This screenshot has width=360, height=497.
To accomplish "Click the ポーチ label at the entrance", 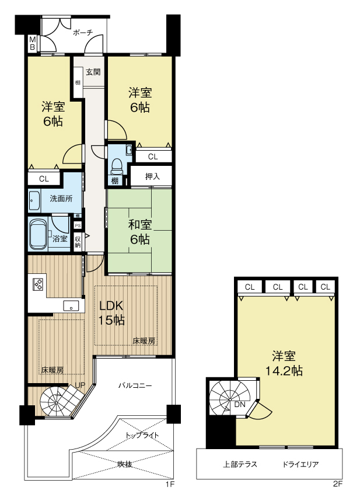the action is point(83,32).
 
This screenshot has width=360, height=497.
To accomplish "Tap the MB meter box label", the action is point(32,43).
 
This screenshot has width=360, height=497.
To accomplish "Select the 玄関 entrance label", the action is point(93,72).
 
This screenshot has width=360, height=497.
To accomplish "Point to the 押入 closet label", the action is point(152,176).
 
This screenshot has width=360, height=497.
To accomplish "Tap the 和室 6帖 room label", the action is point(139,232).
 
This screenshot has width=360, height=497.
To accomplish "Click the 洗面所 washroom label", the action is point(61,199).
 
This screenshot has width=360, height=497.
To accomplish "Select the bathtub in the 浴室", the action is point(39,234).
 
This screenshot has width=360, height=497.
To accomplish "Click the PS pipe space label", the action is point(78,225).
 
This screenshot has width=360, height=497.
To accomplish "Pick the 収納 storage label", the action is point(78,241).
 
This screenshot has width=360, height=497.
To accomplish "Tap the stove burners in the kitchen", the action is point(38,284).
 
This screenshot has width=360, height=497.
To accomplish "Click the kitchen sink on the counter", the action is point(71,306).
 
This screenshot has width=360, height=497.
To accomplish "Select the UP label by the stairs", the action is point(80,385).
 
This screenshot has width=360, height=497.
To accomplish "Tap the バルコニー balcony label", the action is point(135,385).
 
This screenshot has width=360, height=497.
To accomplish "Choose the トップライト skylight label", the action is point(142,435).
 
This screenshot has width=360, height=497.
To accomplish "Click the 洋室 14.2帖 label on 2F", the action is point(284,363).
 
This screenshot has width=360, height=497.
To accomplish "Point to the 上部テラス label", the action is point(240,465).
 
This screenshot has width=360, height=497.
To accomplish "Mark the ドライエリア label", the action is point(300,465).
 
